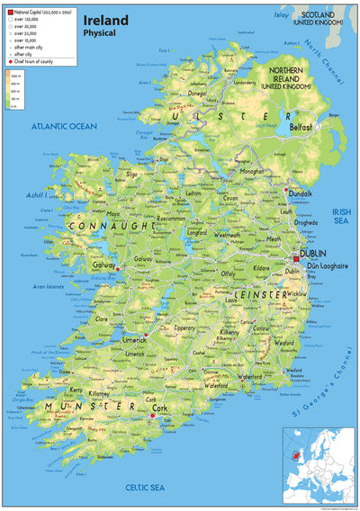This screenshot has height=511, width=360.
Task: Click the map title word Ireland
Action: [x=104, y=19]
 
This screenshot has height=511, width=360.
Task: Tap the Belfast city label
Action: [x=301, y=128]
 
